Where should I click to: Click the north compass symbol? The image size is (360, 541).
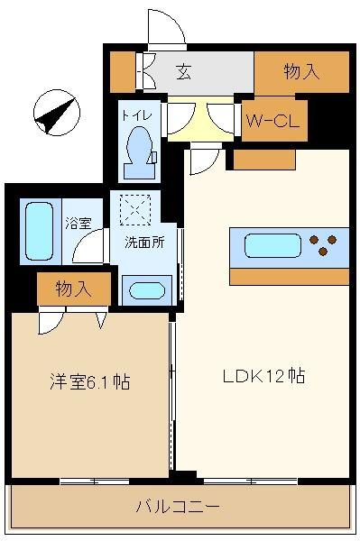(x=57, y=113)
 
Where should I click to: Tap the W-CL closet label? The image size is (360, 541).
(x=272, y=121)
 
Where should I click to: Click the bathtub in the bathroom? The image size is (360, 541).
(x=40, y=231)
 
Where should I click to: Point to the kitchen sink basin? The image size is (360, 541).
(x=272, y=245)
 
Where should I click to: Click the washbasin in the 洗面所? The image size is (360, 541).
(x=147, y=291)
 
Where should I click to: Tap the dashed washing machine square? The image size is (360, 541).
(x=135, y=210)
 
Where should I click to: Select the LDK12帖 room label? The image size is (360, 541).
(x=263, y=376)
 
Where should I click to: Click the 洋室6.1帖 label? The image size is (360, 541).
(x=89, y=381)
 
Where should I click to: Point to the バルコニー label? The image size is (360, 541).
(x=178, y=507)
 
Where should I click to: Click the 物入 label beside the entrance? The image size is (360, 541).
(x=301, y=71)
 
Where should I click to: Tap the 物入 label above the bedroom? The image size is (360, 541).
(x=73, y=289)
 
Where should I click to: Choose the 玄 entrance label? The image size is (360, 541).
(x=184, y=72)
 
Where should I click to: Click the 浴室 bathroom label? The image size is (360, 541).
(x=78, y=224)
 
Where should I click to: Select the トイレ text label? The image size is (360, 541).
(x=136, y=115)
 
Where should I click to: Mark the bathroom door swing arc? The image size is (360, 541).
(x=85, y=242)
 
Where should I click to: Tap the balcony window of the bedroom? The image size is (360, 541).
(x=94, y=481)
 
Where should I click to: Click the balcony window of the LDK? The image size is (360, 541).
(x=251, y=481)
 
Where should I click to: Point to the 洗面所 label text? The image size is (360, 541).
(x=144, y=243)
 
